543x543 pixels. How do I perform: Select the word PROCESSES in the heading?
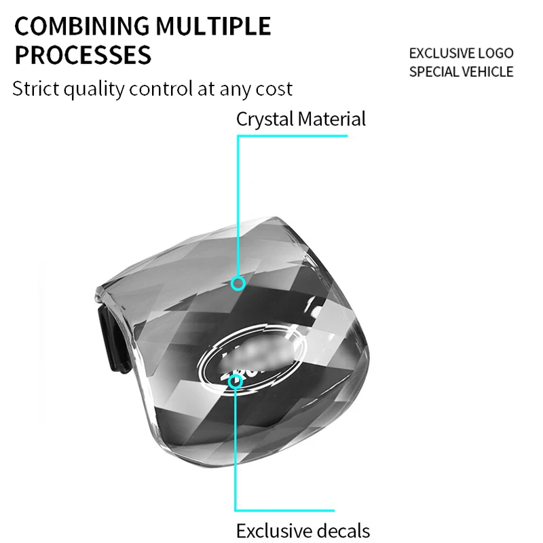(83, 55)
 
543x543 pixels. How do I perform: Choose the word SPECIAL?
(434, 71)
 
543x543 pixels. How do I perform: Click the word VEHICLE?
(488, 71)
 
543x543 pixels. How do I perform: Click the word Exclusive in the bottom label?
(269, 530)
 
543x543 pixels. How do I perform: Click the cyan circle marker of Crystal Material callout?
(238, 283)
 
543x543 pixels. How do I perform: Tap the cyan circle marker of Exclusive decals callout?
(236, 382)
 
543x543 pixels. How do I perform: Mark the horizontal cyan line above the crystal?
(292, 136)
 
